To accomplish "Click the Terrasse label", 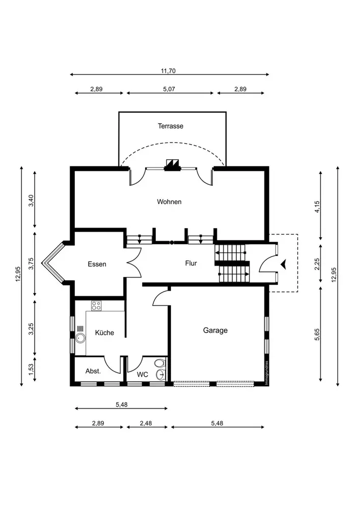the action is coord(171,126).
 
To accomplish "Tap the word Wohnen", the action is coord(169,202).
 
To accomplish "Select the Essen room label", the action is coord(97,264).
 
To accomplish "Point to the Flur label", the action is coord(191,263).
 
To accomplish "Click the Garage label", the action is coord(215,330).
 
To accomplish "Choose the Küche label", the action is coord(104,332).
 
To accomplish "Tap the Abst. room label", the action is coord(93,371).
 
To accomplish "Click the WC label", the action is coord(142,375).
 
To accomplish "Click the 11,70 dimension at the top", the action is coord(168,71).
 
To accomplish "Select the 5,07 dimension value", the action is coord(169,89).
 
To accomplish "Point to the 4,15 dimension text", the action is coord(317,207).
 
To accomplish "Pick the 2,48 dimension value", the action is coord(146,423).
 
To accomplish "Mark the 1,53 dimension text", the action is coord(31,370).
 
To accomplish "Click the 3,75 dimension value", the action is coord(31,264).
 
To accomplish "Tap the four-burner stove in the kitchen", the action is coord(96,306).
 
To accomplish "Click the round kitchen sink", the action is coord(80,338).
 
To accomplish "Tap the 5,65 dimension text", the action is coord(317,334).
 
